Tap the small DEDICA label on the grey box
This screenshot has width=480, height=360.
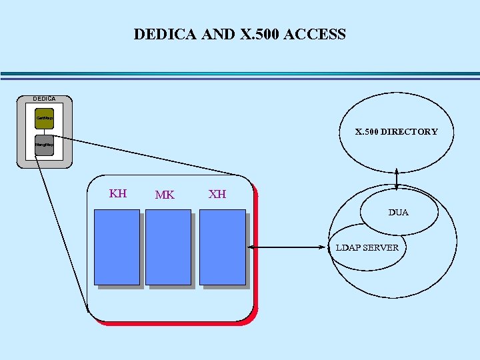[x=45, y=99]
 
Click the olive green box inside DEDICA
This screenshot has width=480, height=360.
[x=44, y=118]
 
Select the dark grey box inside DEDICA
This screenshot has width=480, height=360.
[x=44, y=145]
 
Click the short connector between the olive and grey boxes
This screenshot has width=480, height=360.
[x=44, y=131]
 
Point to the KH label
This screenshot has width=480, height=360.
[x=118, y=194]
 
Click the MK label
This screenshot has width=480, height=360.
[x=165, y=195]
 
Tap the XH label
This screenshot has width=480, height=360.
[x=217, y=194]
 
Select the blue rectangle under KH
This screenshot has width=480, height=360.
[x=117, y=247]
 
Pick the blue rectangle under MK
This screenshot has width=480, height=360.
[x=168, y=247]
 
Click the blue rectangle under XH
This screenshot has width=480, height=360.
[x=223, y=247]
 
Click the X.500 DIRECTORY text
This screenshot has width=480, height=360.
[x=396, y=132]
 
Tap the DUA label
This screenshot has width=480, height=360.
[x=399, y=213]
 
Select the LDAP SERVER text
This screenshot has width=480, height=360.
[x=367, y=248]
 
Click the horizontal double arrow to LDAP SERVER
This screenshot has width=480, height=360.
[x=288, y=248]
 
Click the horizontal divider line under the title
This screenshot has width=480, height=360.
[x=240, y=75]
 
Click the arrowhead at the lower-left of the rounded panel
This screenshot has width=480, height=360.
[x=87, y=309]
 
